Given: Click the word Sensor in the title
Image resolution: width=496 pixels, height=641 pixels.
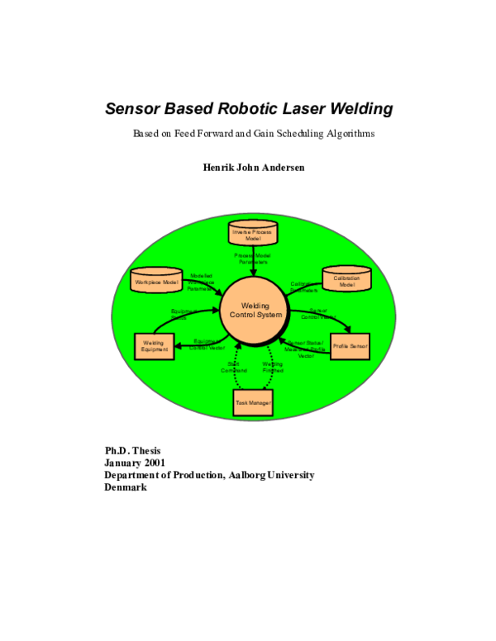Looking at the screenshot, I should point(132,109).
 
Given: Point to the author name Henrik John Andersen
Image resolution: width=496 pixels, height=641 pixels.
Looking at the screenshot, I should point(247,168).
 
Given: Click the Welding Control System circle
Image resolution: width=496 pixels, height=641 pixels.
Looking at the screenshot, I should point(255,311).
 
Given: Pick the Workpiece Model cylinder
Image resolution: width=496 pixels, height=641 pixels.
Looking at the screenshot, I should point(157,281).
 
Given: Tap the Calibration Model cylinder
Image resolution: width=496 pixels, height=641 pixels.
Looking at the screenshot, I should point(346,280).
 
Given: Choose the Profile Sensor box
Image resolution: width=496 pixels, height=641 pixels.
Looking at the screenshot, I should point(350,345).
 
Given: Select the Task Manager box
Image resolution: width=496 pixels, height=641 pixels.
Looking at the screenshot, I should point(253,401).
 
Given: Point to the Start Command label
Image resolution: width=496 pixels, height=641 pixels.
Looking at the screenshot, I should point(233,368).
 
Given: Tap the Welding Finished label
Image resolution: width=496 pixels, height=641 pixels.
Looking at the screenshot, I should point(273,368).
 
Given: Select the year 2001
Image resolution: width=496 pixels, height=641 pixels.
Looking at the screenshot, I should point(152,463).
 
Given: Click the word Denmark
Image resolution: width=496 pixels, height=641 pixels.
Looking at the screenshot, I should point(126,487).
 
